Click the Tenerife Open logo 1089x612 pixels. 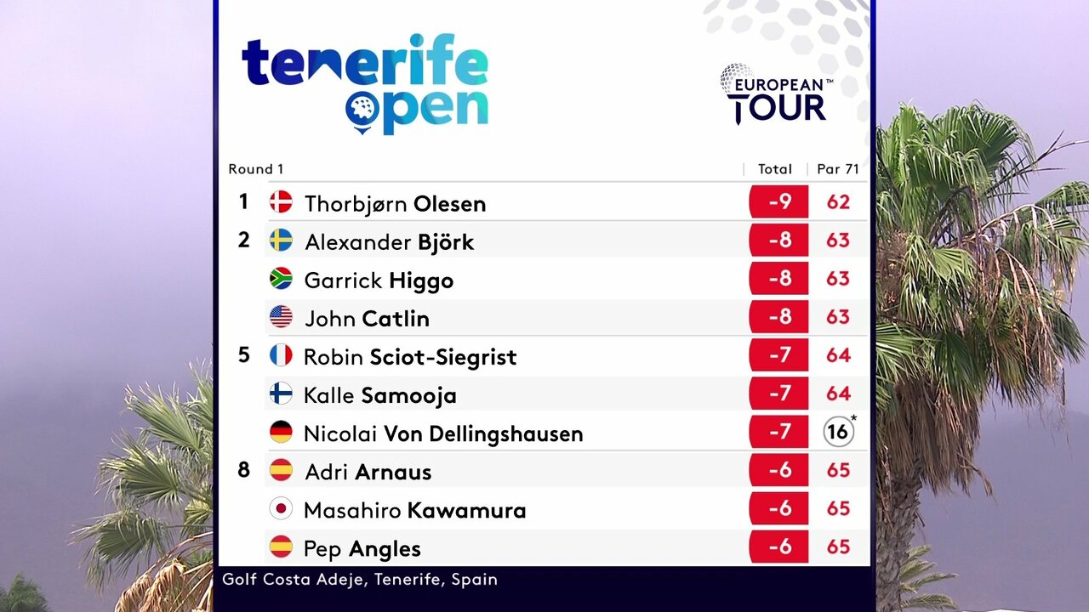(365, 83)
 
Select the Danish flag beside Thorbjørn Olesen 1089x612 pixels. (281, 202)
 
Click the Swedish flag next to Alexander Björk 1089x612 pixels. (281, 241)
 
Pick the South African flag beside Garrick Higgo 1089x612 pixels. (281, 279)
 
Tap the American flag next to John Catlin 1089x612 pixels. (281, 317)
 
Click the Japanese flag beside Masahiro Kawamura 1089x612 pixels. (281, 509)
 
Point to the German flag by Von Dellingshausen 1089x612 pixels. (281, 433)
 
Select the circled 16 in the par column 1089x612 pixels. (838, 433)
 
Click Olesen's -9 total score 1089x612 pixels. (779, 202)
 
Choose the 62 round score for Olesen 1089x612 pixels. (838, 202)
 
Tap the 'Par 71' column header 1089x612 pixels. (838, 169)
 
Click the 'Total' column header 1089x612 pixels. (775, 169)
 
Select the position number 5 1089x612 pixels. (244, 354)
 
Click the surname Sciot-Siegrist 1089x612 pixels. (442, 357)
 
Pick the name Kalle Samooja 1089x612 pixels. (380, 395)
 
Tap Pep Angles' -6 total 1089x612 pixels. (779, 547)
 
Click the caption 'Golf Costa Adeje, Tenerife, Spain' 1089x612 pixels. (360, 580)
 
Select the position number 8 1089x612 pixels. (244, 469)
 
